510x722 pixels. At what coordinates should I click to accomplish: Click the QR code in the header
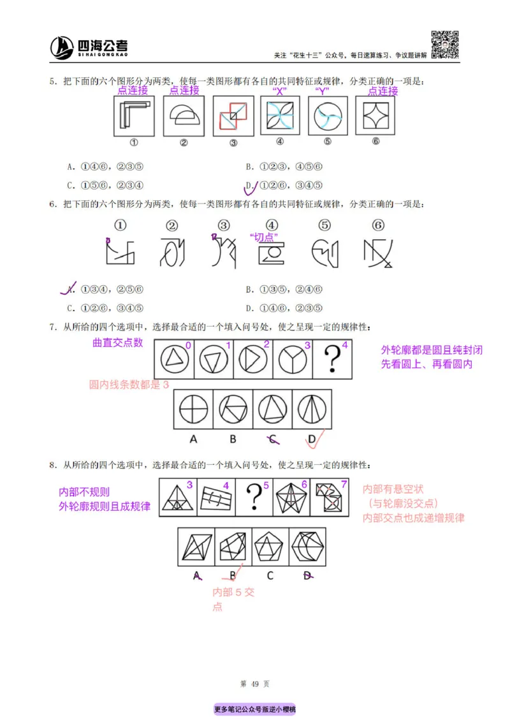click(x=446, y=45)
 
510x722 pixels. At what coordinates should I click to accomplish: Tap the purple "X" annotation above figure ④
click(x=279, y=91)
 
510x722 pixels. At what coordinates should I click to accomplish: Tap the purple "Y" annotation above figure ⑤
click(x=322, y=91)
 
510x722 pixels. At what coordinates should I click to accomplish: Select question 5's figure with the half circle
click(x=184, y=116)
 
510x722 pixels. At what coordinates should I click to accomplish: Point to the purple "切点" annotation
click(x=267, y=237)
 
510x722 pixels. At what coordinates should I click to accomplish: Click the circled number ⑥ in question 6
click(x=378, y=225)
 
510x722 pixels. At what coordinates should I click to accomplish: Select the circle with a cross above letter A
click(x=194, y=408)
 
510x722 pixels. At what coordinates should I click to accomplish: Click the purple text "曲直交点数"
click(x=118, y=343)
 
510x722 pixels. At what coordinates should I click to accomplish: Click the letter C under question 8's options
click(x=270, y=576)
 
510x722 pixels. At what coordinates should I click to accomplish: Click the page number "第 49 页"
click(x=254, y=684)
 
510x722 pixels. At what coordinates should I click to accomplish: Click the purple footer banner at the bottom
click(x=254, y=709)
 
